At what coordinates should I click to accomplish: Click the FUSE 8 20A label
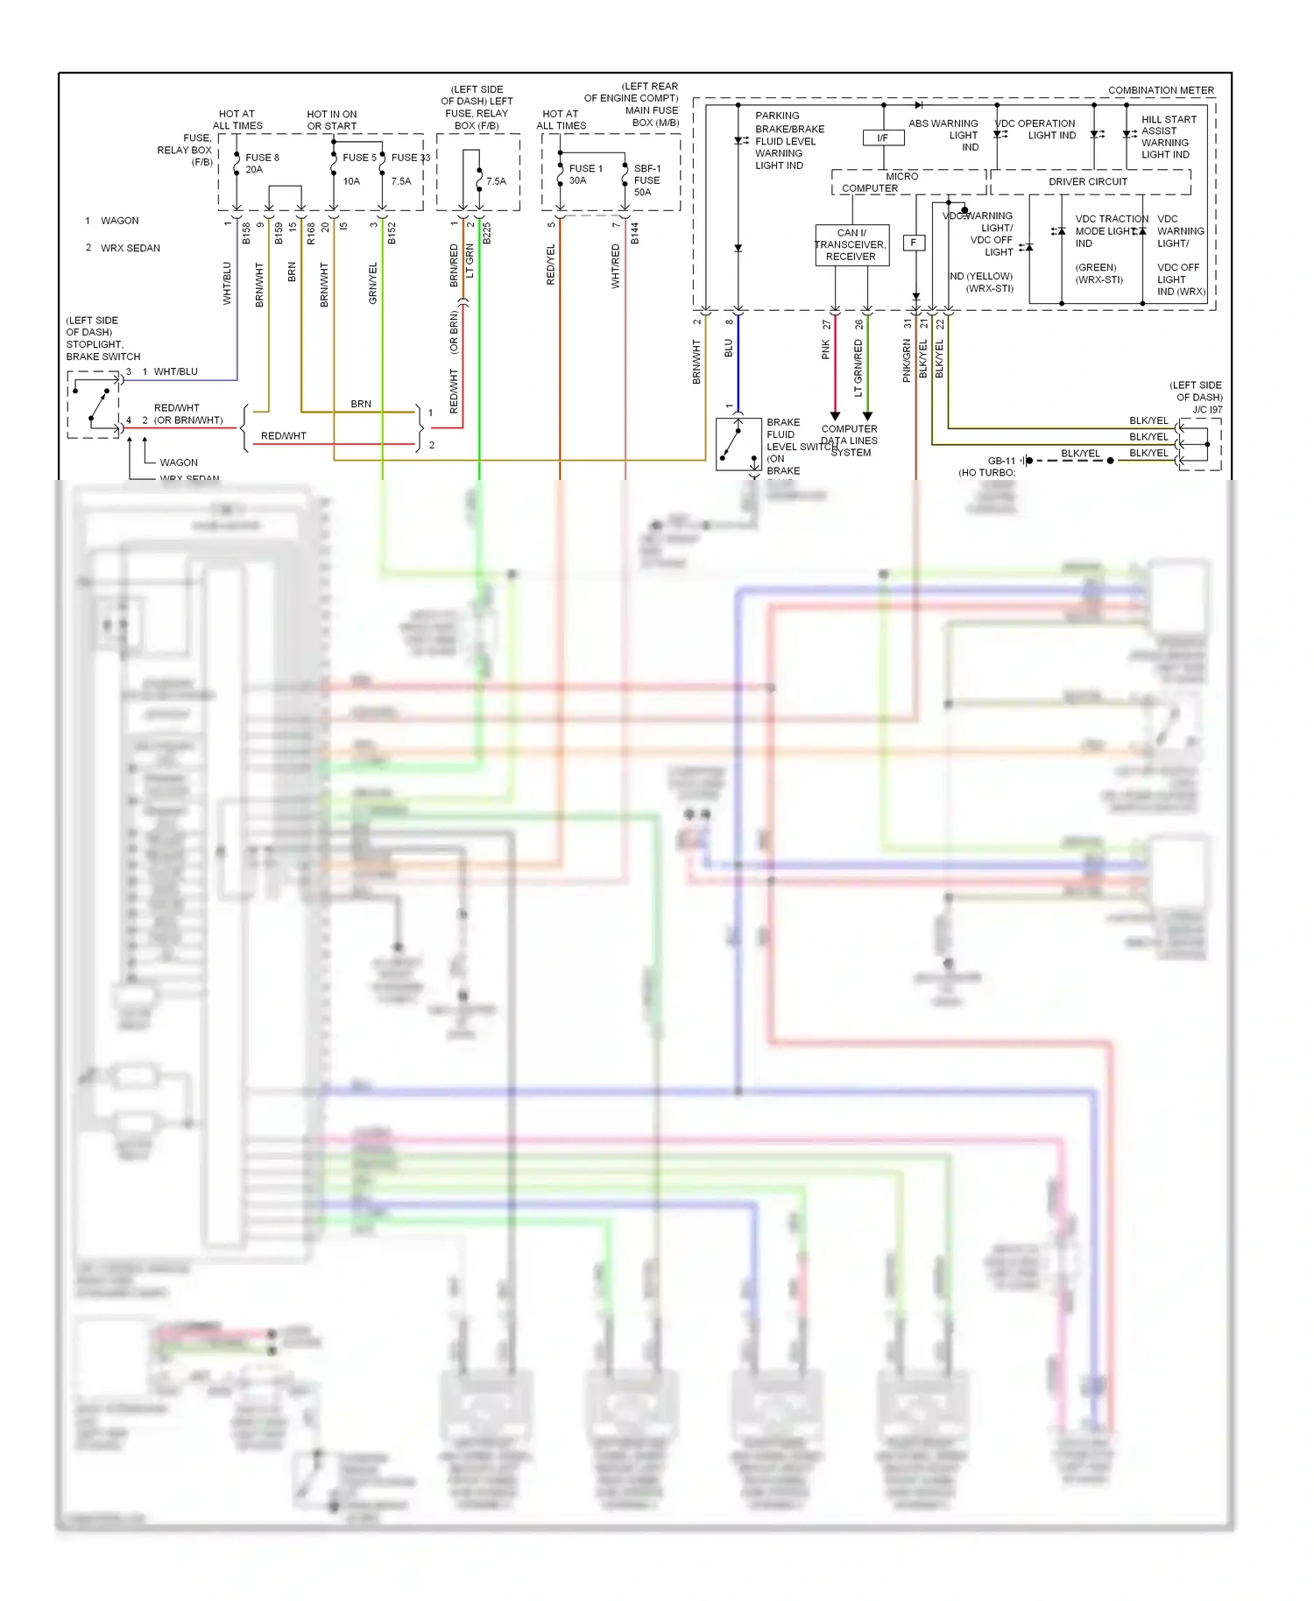(261, 164)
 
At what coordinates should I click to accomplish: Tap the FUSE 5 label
(359, 158)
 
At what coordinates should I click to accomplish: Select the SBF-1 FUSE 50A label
(646, 180)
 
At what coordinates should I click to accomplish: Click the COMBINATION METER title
(1161, 90)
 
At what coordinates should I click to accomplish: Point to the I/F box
(883, 138)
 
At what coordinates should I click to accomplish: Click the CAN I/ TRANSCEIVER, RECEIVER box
(851, 245)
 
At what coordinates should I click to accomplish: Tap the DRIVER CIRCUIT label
(1088, 181)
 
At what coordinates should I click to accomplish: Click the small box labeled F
(914, 243)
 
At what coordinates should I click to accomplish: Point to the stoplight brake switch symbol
(95, 405)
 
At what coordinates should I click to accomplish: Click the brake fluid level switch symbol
(738, 444)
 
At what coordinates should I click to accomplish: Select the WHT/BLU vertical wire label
(227, 283)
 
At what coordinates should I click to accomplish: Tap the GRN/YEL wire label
(373, 283)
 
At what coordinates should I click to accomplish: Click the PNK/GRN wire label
(907, 361)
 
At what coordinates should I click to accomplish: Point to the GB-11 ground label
(1001, 461)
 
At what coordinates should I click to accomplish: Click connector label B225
(487, 233)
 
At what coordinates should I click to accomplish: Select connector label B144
(635, 233)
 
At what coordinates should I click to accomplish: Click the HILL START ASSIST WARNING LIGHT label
(1166, 137)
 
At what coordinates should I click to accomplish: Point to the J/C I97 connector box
(1199, 444)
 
